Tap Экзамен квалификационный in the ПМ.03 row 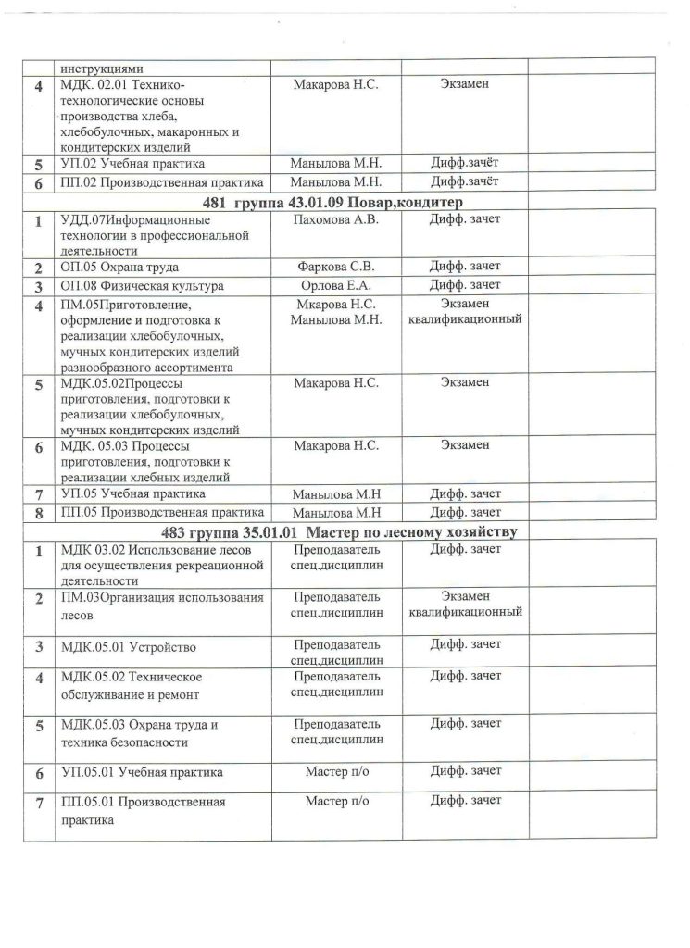465,604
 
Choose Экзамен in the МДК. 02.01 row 465,85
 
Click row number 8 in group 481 38,512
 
